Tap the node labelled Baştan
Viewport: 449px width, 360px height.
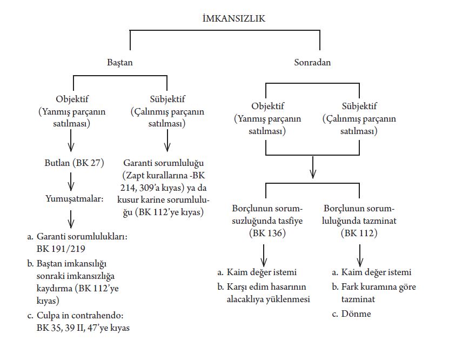pos(120,62)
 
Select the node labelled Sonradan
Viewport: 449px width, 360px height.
pos(312,62)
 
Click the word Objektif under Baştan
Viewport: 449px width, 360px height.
pos(72,100)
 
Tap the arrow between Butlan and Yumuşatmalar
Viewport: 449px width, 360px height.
pos(71,180)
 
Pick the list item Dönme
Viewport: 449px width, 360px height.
pos(356,314)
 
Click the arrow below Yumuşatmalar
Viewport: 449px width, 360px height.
pos(71,219)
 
